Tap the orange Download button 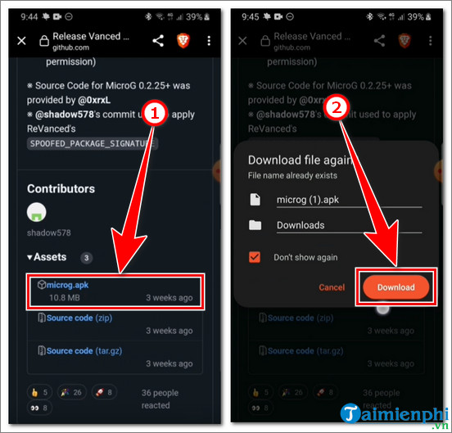(x=395, y=286)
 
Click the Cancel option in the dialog (x=332, y=287)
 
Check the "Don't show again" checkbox (x=255, y=257)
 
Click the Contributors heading (x=61, y=188)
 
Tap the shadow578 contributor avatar (x=37, y=212)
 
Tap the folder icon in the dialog (x=255, y=225)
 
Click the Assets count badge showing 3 (x=85, y=257)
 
